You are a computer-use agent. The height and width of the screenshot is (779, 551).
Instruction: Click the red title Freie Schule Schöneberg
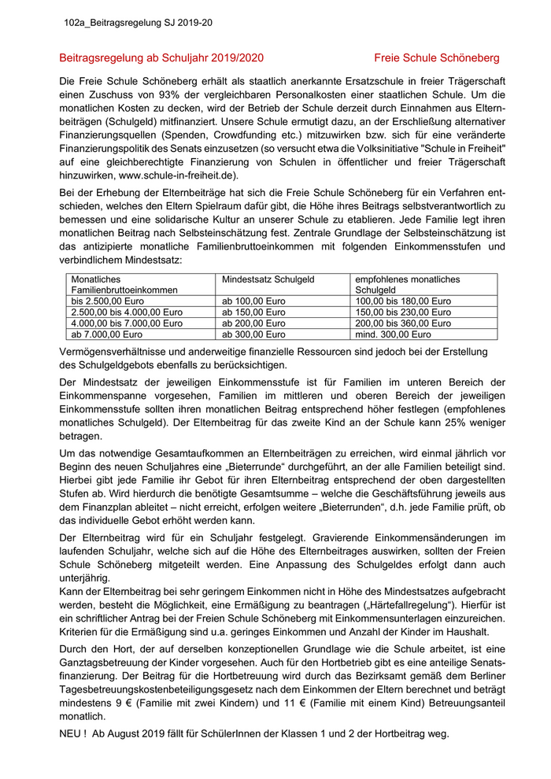(x=436, y=58)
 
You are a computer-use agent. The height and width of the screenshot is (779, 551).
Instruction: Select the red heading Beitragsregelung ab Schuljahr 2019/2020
(x=161, y=58)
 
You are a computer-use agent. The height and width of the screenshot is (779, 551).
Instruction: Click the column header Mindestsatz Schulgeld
(x=268, y=279)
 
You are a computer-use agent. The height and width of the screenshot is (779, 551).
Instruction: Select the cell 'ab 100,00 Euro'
(x=253, y=301)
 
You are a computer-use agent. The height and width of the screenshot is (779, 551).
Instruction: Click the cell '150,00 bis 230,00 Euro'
(x=403, y=312)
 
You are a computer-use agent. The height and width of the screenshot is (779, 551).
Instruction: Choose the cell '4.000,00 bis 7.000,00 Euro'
(x=127, y=323)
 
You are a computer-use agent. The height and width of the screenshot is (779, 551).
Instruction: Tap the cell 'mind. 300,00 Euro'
(x=392, y=334)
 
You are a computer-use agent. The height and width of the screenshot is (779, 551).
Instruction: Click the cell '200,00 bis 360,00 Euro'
(x=403, y=323)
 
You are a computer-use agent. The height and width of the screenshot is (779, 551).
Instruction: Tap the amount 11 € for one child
(x=295, y=703)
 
